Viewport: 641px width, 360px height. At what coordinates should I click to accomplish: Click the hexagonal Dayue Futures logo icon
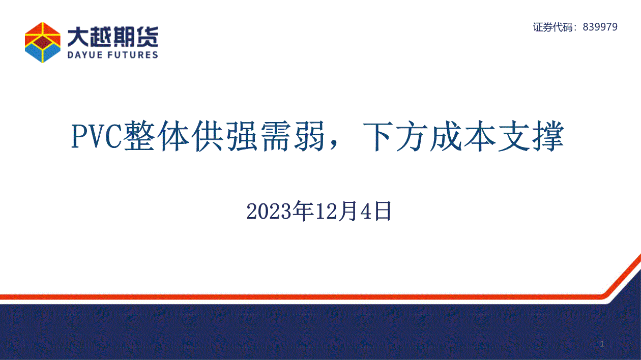coord(43,42)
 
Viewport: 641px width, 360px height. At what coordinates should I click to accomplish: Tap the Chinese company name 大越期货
coord(113,37)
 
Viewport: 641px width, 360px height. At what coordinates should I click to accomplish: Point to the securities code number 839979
coord(600,27)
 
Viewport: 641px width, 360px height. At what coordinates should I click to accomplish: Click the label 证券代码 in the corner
coord(552,27)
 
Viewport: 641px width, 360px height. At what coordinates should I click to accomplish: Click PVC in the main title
coord(97,136)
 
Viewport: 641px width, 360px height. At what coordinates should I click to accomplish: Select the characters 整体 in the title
coord(156,136)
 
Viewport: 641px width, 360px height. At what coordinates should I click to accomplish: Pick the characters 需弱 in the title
coord(293,136)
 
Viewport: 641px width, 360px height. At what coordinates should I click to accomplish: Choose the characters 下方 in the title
coord(395,136)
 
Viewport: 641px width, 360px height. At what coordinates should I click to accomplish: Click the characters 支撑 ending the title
coord(531,136)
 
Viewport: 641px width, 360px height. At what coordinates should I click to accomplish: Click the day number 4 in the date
coord(366,212)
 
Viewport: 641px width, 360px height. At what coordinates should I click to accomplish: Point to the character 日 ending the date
coord(383,211)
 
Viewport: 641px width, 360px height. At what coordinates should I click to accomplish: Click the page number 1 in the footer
coord(602,344)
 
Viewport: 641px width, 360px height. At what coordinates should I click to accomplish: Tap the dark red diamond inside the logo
coord(43,42)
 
